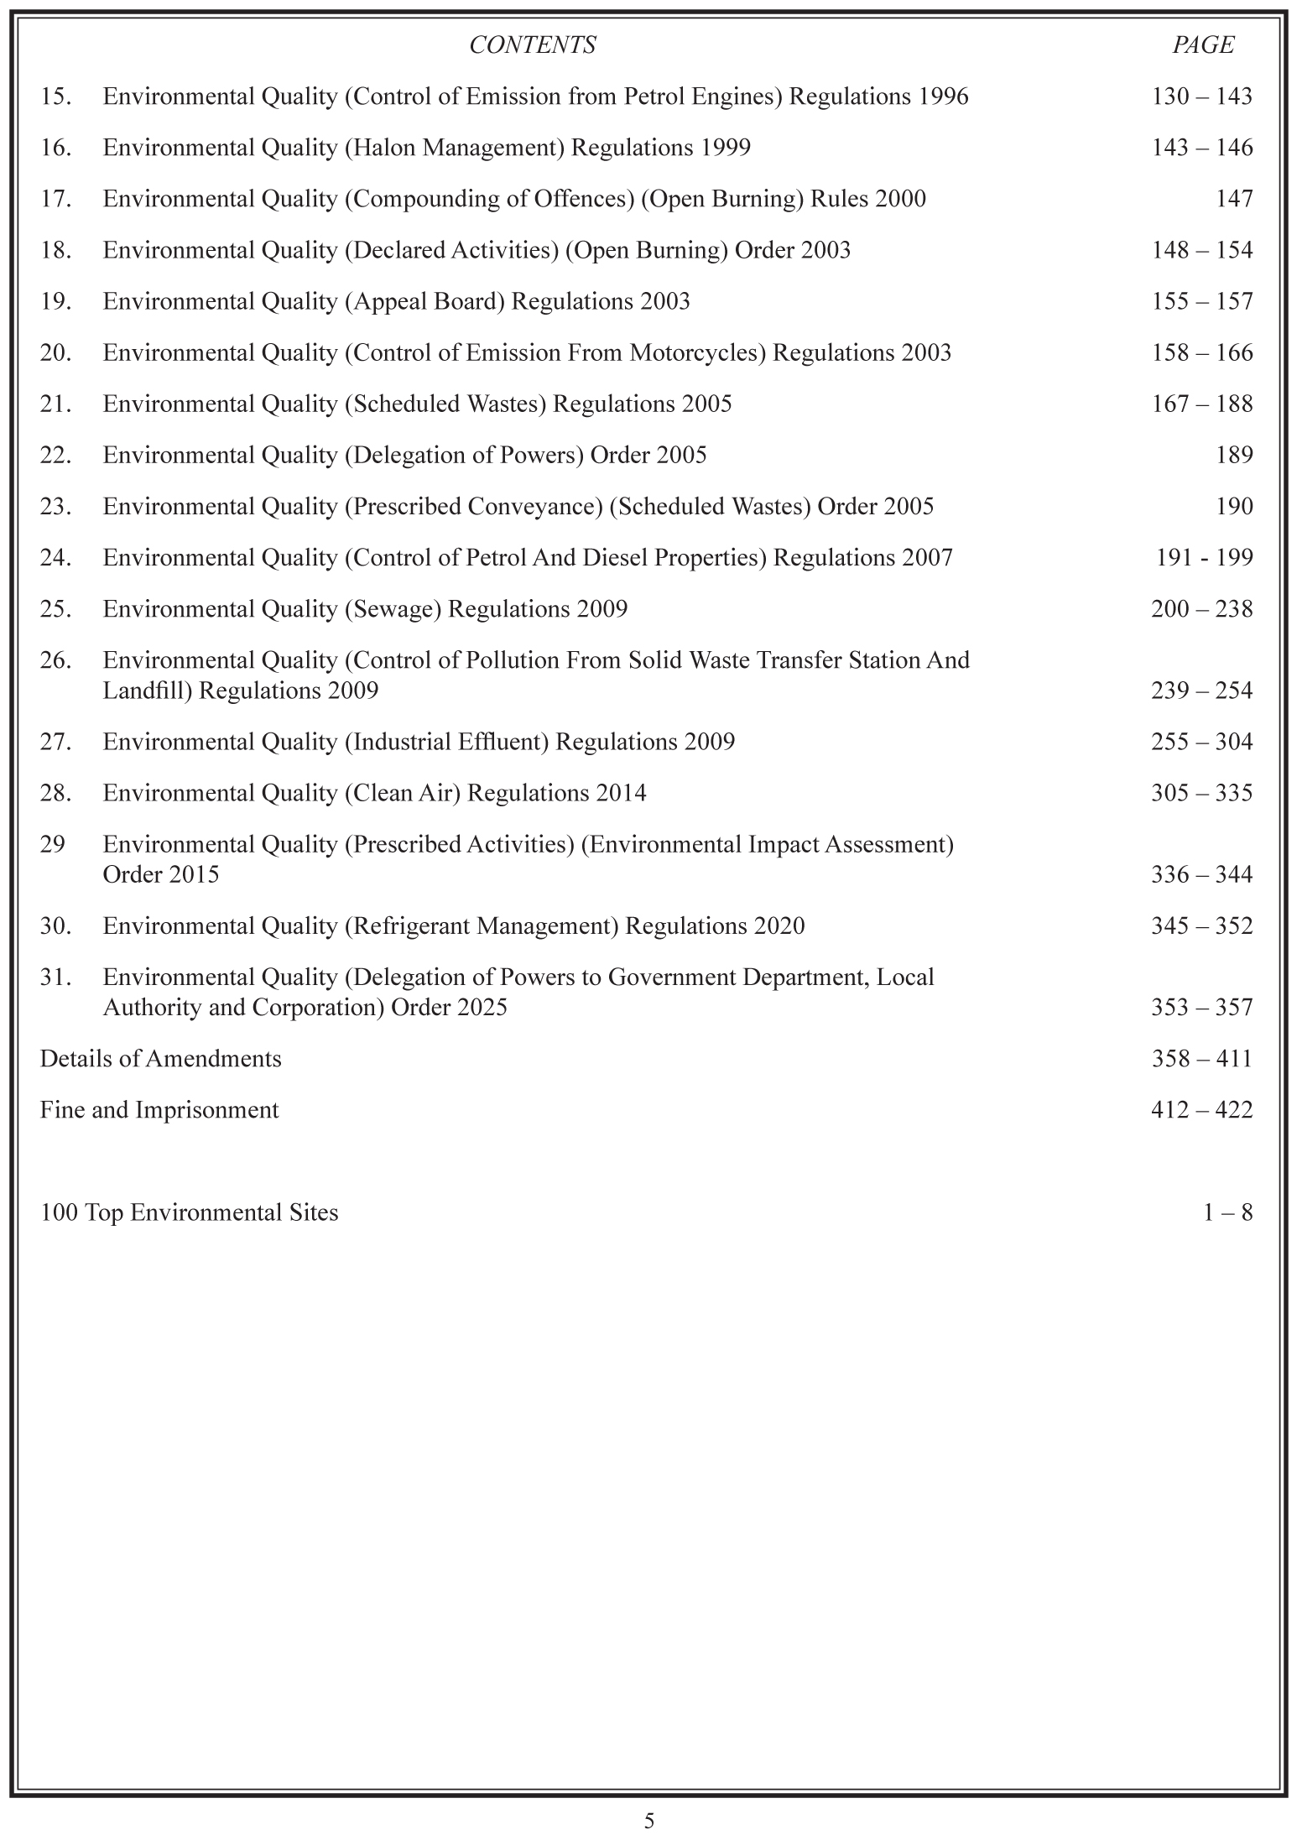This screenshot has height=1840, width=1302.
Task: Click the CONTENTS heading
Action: pos(532,45)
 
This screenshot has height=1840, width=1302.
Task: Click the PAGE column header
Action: pos(1203,45)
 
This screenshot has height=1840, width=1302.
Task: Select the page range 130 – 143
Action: pos(1201,96)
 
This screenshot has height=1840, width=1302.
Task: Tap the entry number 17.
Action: pos(55,199)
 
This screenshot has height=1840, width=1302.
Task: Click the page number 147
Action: pos(1234,199)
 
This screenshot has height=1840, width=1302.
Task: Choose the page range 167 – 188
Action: pos(1201,404)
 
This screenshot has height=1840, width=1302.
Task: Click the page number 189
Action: pos(1234,455)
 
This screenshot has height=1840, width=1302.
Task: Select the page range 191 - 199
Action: pos(1204,557)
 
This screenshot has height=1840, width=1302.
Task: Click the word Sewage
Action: pos(393,608)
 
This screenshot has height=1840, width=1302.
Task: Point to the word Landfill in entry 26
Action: pos(147,691)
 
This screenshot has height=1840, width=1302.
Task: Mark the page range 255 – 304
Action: pos(1201,742)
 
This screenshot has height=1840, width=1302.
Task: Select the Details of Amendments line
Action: pos(161,1058)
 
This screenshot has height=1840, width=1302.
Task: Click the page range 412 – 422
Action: pos(1201,1109)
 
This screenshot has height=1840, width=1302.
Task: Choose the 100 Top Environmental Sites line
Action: pos(190,1212)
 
